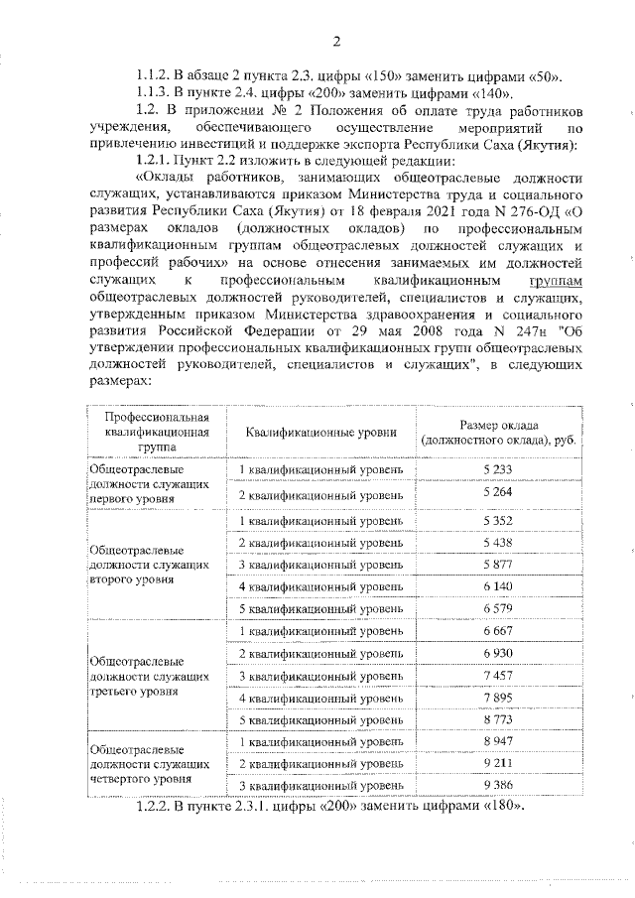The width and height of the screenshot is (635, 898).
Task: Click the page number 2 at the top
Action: click(336, 41)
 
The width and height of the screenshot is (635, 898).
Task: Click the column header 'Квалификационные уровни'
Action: click(323, 432)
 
